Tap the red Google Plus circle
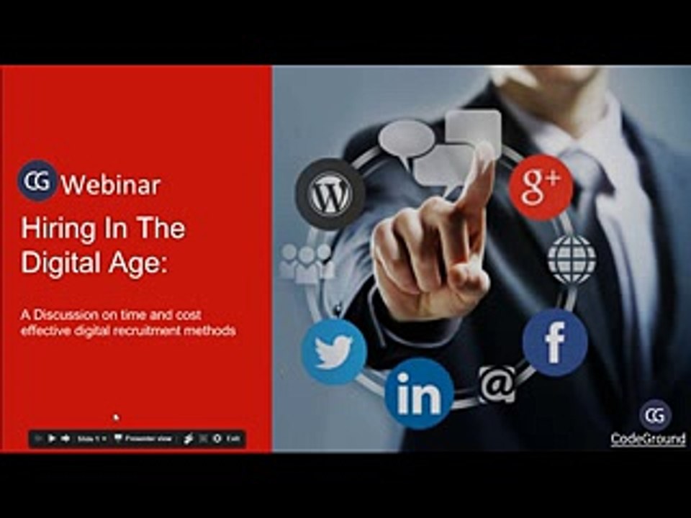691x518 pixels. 541,187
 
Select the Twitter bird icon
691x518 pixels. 334,352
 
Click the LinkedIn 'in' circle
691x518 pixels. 419,394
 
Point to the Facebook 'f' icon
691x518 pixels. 555,342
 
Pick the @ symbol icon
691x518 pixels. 497,384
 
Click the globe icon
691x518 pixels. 572,259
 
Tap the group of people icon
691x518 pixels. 307,263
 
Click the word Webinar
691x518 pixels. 111,185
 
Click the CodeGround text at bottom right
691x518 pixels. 648,439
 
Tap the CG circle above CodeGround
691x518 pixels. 655,415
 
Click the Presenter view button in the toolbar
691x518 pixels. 144,438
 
